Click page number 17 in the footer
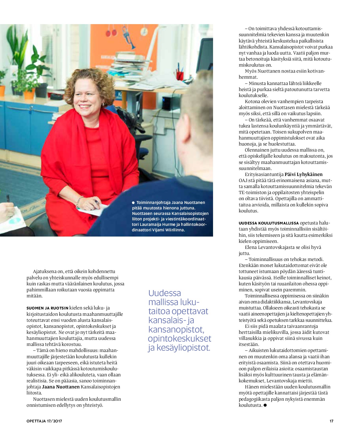331,421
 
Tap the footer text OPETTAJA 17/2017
44,421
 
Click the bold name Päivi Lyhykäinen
304,174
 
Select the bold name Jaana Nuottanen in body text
61,387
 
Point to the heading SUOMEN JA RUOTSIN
47,308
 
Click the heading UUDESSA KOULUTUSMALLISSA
269,223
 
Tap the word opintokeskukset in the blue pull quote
180,339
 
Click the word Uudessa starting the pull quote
165,293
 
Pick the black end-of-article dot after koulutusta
265,405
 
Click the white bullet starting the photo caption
134,203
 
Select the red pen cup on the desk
180,75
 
